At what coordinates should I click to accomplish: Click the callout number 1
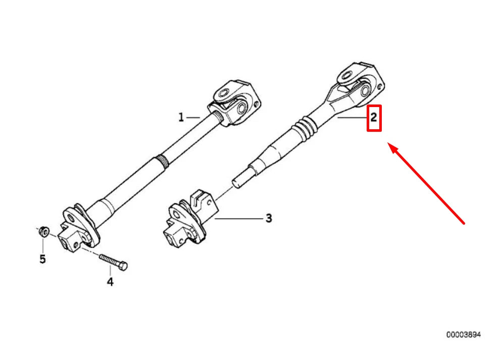tap(181, 118)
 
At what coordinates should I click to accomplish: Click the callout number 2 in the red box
tap(374, 118)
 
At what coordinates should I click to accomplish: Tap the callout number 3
tap(269, 218)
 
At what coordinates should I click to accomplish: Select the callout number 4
tap(110, 282)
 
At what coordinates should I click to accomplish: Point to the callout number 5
tap(42, 259)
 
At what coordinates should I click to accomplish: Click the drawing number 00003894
tap(463, 334)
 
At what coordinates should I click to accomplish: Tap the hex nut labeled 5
tap(43, 232)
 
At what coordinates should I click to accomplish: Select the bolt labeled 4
tap(114, 261)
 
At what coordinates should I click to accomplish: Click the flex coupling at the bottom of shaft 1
tap(74, 228)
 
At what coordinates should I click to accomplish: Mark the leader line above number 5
tap(43, 245)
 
